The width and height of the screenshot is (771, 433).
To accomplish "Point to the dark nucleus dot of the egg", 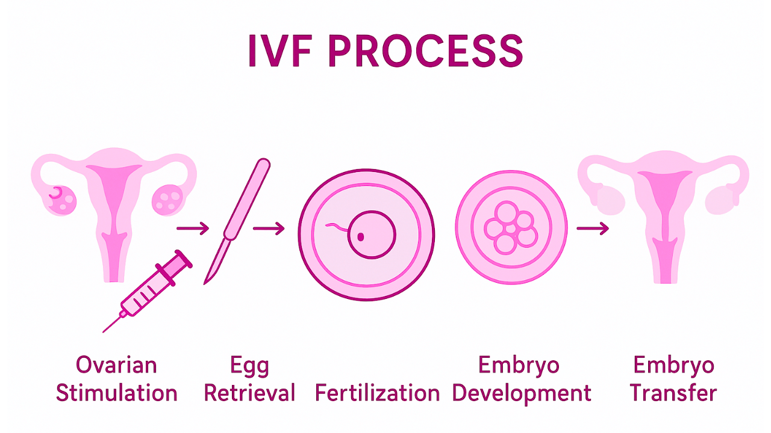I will [361, 236].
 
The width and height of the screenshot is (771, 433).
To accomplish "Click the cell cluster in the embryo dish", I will [511, 229].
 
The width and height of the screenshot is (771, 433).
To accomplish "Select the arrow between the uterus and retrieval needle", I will [193, 229].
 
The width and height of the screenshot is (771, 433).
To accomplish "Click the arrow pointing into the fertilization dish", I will [269, 229].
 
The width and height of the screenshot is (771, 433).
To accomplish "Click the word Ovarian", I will [116, 365].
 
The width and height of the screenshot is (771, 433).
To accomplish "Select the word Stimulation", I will [116, 393].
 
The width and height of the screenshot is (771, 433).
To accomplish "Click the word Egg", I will [249, 365].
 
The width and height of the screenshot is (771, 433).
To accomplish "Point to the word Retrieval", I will [249, 393].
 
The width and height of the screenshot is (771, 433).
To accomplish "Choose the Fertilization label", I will [377, 393].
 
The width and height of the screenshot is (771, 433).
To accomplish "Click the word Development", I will [522, 393].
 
